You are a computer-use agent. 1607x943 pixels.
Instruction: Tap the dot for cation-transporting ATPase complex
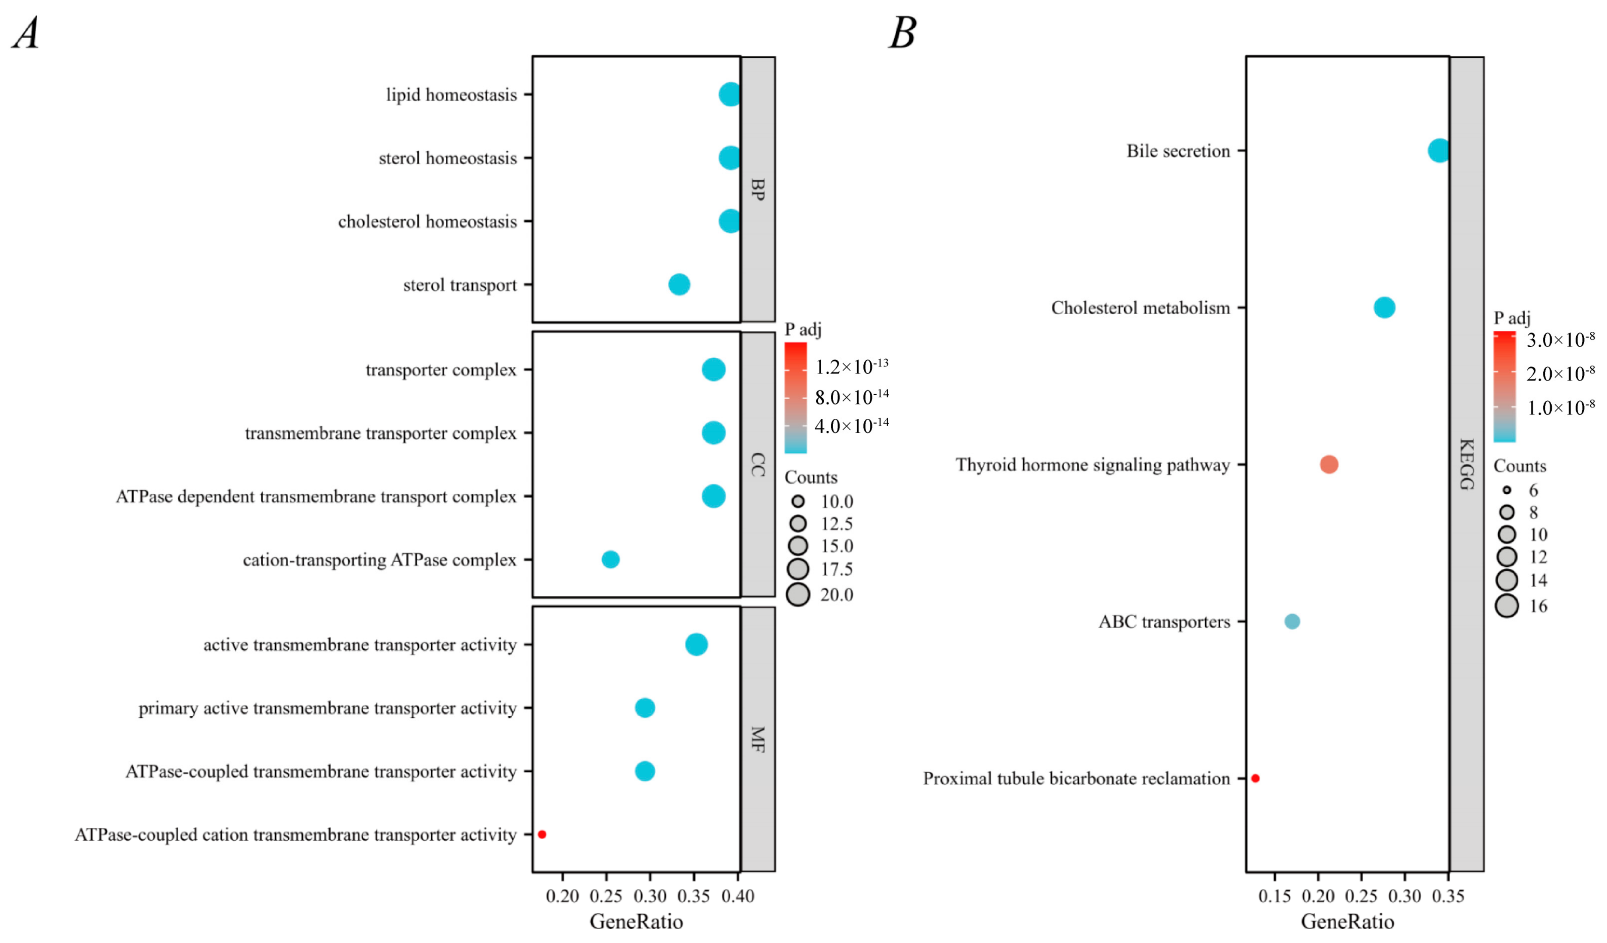coord(610,559)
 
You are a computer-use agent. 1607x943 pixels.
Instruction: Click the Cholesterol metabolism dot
coord(1384,307)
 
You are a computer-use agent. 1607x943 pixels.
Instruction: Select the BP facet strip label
coord(758,189)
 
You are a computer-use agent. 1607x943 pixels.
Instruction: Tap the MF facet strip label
coord(758,739)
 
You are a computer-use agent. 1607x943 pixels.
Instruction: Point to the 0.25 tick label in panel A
coord(605,896)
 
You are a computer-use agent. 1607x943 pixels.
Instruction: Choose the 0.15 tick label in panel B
coord(1274,896)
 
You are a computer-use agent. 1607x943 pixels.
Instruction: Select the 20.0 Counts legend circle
coord(798,594)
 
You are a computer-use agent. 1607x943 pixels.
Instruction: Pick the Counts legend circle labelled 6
coord(1507,490)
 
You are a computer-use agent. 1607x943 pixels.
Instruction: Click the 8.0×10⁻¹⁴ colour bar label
coord(851,397)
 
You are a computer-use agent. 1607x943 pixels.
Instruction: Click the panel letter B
coord(903,33)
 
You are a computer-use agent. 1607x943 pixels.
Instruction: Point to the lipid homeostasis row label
coord(451,95)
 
